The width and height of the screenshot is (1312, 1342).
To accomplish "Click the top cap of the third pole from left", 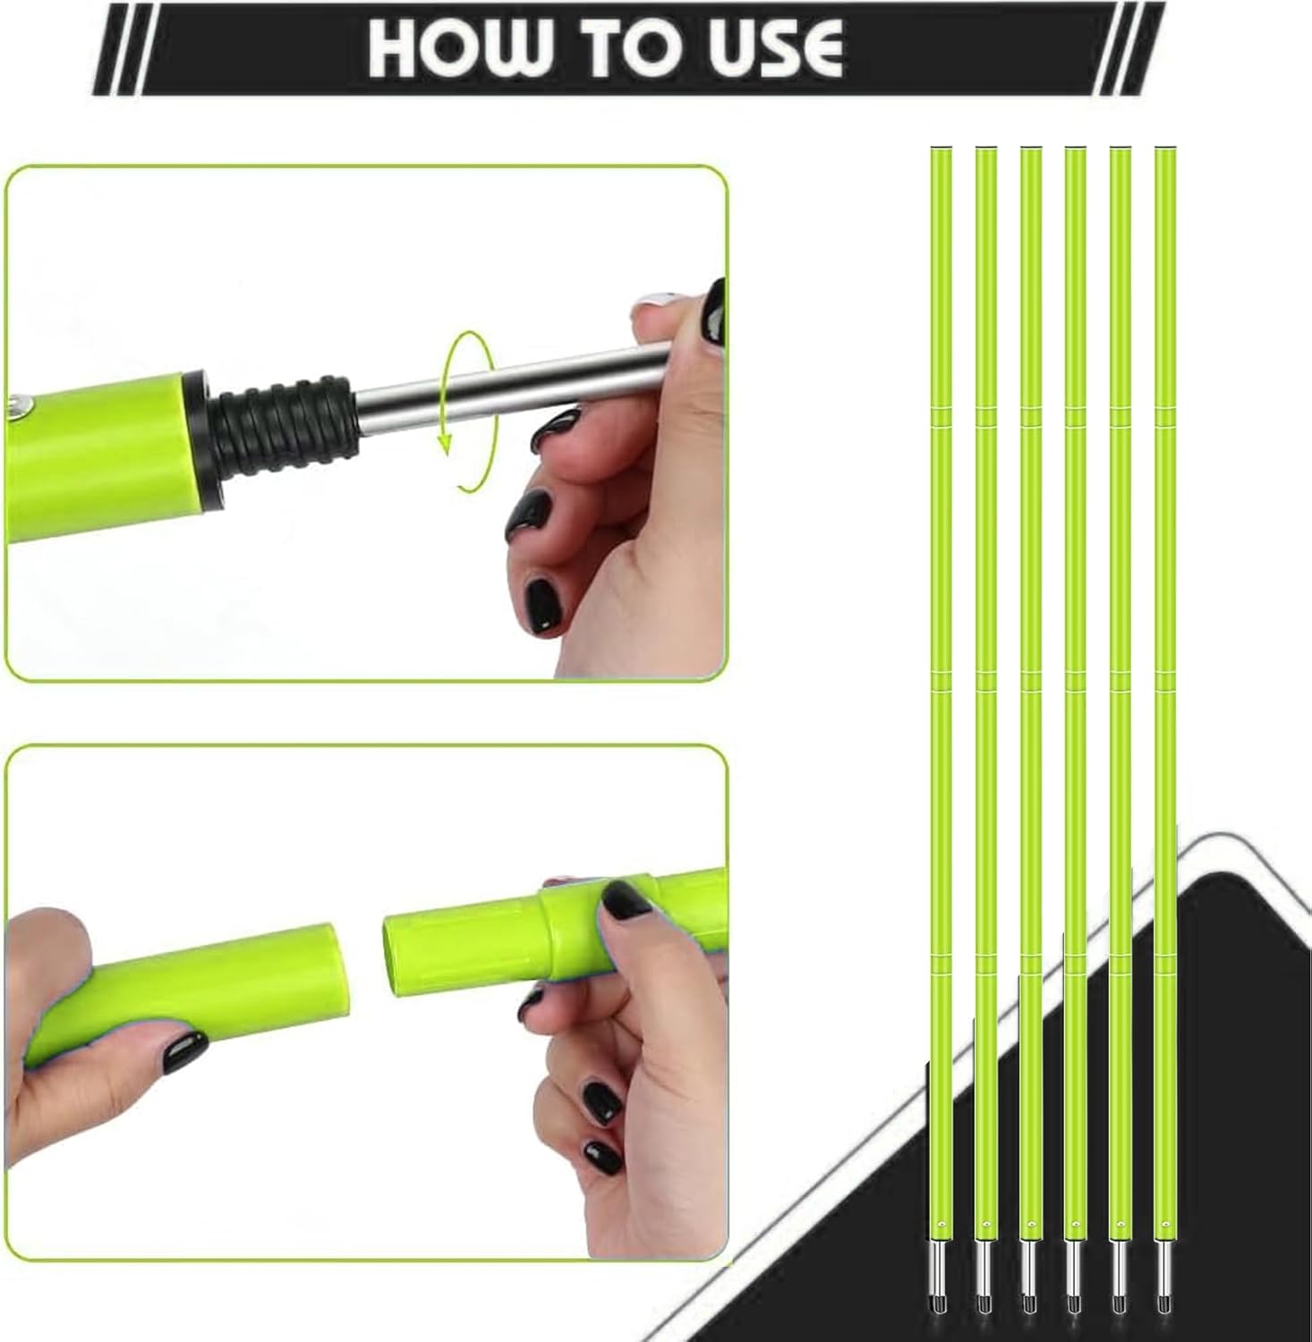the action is point(1030,149).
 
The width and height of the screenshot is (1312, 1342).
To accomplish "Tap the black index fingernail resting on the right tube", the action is point(626,899).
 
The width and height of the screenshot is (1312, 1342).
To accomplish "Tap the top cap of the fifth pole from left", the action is point(1120,149).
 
